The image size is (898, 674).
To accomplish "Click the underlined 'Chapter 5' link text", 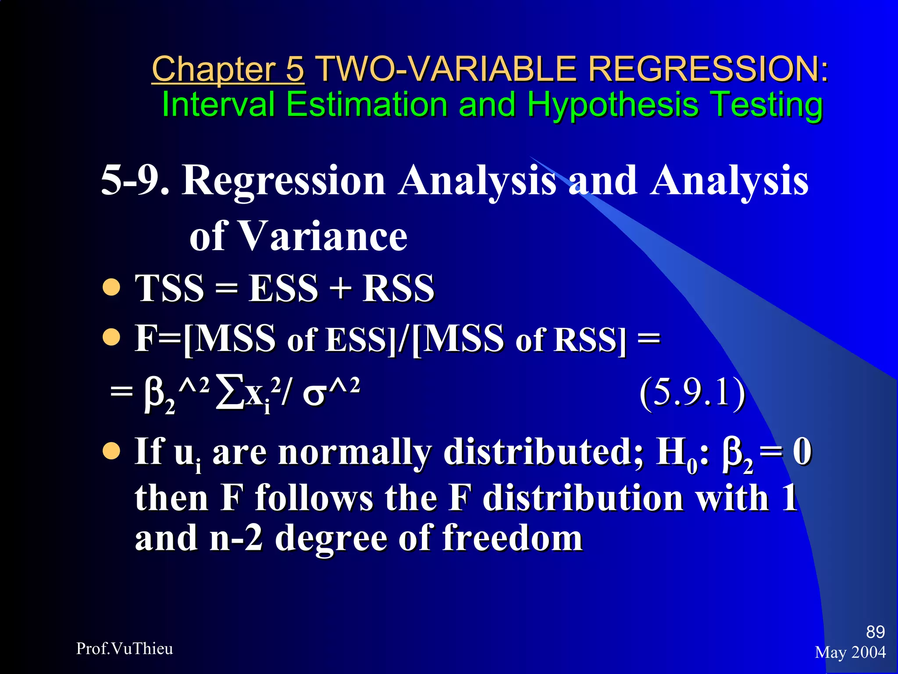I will pos(228,69).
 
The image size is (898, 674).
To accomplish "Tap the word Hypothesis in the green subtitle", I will pos(612,105).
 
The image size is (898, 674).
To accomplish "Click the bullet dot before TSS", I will pos(111,288).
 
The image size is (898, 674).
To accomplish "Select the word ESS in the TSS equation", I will pos(283,288).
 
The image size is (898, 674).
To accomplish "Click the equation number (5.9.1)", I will pos(692,393).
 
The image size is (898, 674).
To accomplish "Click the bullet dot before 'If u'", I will pos(111,451).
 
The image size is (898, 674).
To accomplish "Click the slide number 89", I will pos(875,632).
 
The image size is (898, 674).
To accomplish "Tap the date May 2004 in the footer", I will pos(850,652).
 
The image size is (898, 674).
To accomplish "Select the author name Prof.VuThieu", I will pos(125,649).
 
